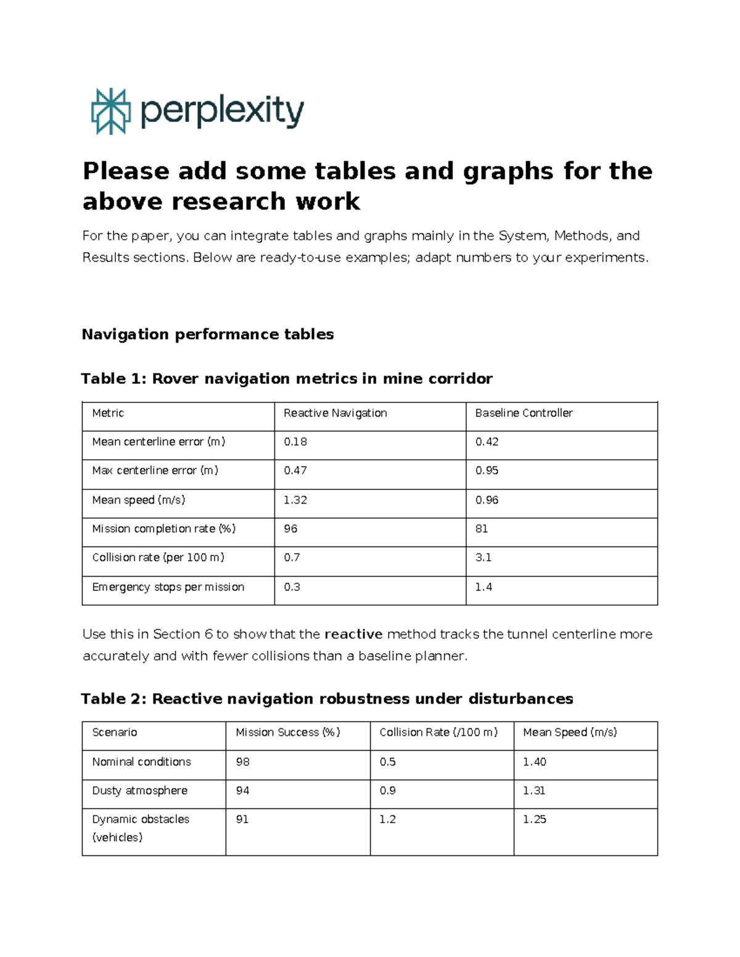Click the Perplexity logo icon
(x=111, y=111)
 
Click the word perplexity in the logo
(x=222, y=112)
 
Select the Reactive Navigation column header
(x=335, y=413)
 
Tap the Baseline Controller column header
(x=524, y=413)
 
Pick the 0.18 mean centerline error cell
(x=295, y=442)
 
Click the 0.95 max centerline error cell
(x=487, y=470)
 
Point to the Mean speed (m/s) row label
(x=138, y=500)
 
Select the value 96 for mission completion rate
(x=290, y=529)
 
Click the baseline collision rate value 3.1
(x=483, y=557)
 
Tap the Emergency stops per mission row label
(x=168, y=587)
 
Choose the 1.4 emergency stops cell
(x=483, y=587)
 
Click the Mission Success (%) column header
(x=287, y=732)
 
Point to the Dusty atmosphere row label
(x=139, y=790)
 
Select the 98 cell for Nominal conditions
(x=242, y=762)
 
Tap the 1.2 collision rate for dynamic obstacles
(x=387, y=819)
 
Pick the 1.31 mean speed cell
(x=534, y=790)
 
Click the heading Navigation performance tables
(x=208, y=334)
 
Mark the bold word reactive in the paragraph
(x=353, y=634)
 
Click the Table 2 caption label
(x=327, y=699)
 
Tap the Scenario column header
(x=114, y=732)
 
